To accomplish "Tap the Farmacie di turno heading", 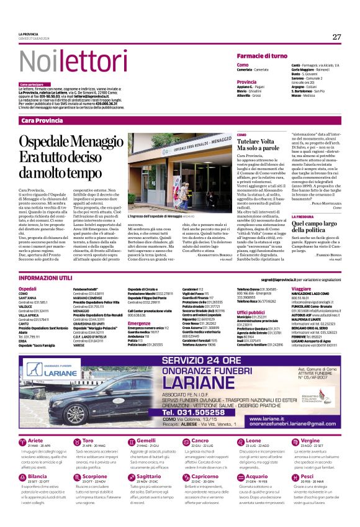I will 261,56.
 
